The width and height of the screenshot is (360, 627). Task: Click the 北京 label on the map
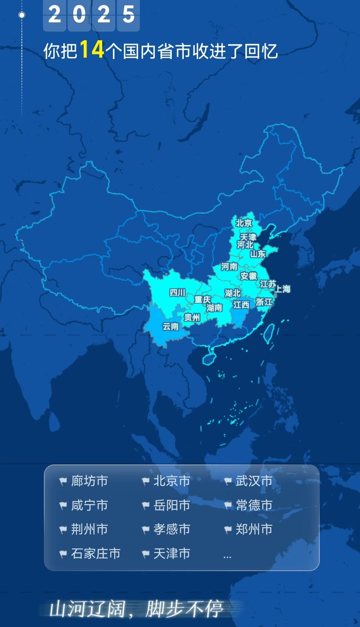point(244,223)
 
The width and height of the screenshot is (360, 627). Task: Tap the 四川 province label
point(177,293)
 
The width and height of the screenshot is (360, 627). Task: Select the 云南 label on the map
point(171,327)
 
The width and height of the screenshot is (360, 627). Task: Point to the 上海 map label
point(282,289)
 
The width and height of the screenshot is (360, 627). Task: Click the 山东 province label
point(258,254)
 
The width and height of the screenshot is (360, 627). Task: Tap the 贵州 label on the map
point(192,317)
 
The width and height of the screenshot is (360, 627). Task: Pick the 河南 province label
point(229,266)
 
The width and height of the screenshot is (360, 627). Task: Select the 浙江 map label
point(264,302)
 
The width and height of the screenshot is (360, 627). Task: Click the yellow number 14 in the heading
point(92,50)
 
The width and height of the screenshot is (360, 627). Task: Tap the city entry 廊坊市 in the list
point(89,481)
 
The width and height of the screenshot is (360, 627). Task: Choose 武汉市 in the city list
point(254,481)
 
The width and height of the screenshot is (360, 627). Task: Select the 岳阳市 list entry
point(172,505)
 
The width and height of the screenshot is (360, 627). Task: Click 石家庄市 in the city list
point(96,553)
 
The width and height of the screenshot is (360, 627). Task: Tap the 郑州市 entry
point(254,529)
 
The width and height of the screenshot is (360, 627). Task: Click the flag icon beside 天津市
point(146,554)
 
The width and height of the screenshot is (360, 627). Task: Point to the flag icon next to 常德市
point(228,506)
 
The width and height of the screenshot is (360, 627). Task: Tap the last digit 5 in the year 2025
point(129,15)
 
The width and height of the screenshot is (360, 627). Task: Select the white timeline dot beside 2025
point(22,15)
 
